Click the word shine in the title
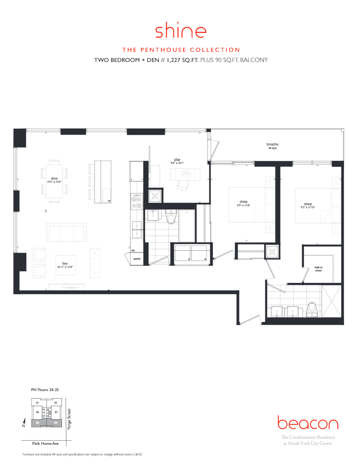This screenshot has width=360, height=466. point(181,31)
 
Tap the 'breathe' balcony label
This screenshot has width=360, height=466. point(273,145)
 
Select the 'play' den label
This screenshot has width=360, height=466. point(177,160)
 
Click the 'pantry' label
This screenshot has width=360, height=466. point(137,259)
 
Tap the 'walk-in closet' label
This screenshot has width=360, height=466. point(318,268)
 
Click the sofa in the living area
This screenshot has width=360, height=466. point(67,233)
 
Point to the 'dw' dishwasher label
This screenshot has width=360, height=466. point(133,250)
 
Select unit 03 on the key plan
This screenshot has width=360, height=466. point(56,412)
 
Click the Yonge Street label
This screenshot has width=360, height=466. point(69,420)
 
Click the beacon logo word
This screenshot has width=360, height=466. point(307,424)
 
